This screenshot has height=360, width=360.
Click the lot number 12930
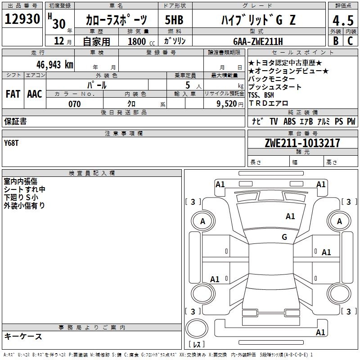point(22,19)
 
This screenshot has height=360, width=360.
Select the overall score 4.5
point(343,21)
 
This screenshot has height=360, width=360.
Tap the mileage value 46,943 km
point(55,65)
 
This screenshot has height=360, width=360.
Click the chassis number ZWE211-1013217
point(302,143)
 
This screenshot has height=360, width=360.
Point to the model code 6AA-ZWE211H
point(258,41)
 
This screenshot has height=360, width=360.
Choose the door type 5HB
point(174,20)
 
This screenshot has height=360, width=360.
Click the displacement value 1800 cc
point(141,41)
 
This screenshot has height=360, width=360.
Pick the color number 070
point(75,104)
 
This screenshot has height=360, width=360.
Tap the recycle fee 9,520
point(227,104)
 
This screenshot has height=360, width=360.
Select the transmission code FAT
point(13,94)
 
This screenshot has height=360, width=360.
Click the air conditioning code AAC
point(35,94)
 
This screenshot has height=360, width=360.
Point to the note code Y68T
point(11,143)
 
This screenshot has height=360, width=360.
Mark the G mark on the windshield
point(284,237)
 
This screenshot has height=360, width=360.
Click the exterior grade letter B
point(336,41)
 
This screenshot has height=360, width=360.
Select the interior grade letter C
point(350,41)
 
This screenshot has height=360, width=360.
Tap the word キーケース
point(23,336)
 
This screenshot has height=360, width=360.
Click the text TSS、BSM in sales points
point(261,95)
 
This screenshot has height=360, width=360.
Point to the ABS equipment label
point(289,121)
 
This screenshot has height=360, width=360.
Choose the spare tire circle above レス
point(197,329)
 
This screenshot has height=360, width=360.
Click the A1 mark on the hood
point(290,216)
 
